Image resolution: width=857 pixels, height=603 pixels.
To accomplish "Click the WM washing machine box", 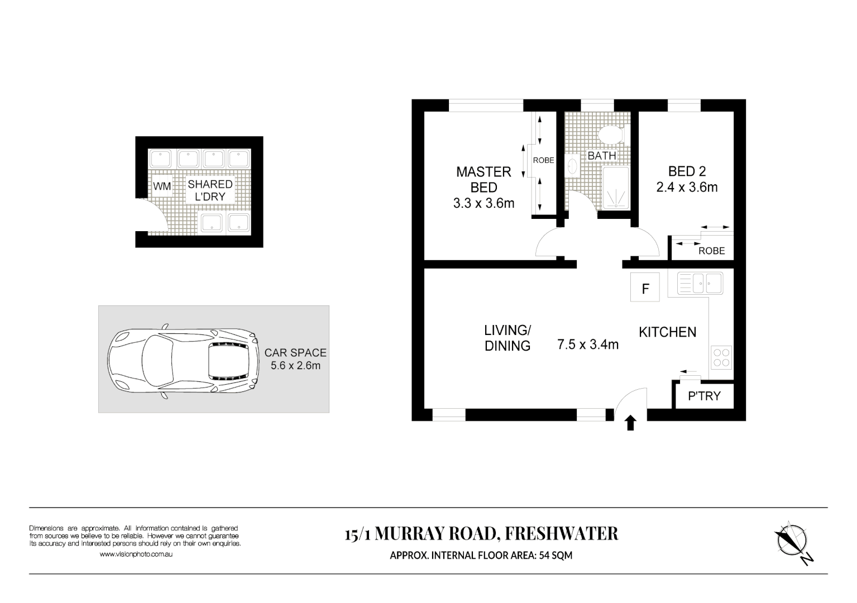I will click(x=162, y=186).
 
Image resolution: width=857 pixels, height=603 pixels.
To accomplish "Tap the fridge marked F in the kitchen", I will click(x=645, y=288).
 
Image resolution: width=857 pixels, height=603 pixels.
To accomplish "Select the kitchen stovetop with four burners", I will click(x=721, y=357).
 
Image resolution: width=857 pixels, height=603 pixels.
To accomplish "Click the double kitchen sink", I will click(x=700, y=283).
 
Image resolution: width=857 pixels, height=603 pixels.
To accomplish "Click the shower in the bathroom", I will click(x=616, y=188).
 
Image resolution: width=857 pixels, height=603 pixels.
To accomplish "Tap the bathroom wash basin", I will click(x=572, y=166).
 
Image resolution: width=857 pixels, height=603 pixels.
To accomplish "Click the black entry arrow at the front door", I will click(x=631, y=423).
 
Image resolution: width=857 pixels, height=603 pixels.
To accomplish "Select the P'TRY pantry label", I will click(x=704, y=396).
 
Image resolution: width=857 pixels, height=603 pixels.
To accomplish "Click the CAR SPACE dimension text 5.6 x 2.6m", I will click(x=295, y=366).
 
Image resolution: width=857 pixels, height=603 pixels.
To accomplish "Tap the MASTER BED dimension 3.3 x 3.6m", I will click(x=483, y=203).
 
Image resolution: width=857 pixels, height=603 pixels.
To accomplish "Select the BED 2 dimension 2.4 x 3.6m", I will click(x=687, y=187).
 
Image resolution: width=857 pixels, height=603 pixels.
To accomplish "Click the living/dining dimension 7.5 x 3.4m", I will click(x=588, y=344).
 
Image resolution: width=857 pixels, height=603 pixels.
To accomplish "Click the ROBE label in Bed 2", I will click(x=711, y=251).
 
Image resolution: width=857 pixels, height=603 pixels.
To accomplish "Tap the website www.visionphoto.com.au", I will click(x=136, y=554).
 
